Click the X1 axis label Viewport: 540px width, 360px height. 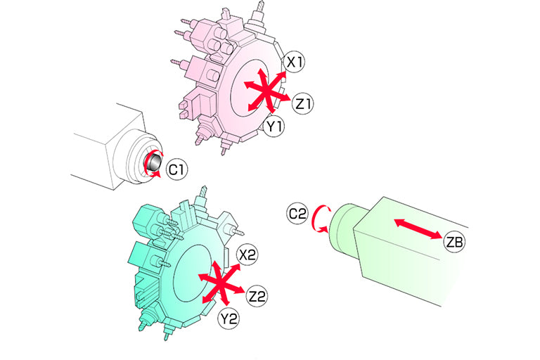[295, 63]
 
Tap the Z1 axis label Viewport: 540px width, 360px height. [303, 103]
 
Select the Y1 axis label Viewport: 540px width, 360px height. [274, 127]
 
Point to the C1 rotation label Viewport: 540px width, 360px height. [176, 169]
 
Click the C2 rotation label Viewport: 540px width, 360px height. [297, 214]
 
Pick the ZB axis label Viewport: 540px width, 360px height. [455, 242]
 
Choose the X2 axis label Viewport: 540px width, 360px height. [247, 255]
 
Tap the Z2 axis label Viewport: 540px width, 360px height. [257, 296]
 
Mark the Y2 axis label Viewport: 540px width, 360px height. [229, 319]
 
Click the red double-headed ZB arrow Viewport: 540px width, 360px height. [418, 229]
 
